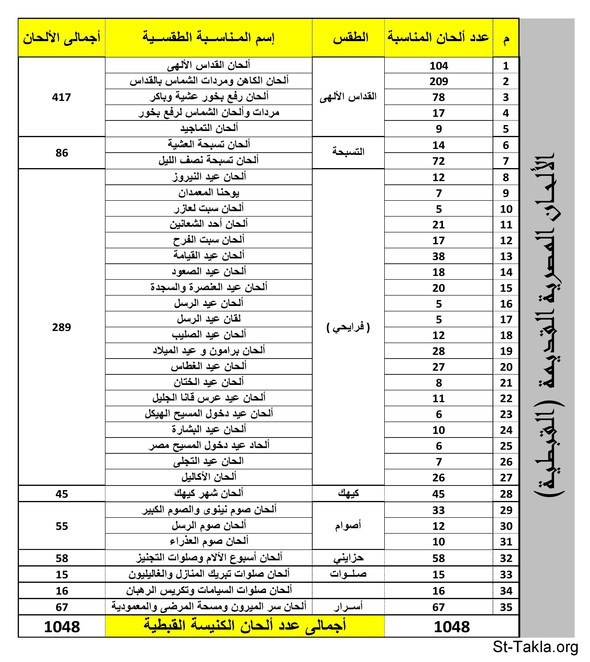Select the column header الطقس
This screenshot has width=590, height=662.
tap(350, 38)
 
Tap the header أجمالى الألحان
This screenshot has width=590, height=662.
tap(61, 38)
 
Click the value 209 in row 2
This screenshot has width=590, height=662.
tap(439, 81)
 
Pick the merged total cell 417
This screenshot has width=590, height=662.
tap(61, 97)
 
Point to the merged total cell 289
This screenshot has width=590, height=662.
tap(61, 327)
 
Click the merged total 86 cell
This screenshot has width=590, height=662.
tap(61, 153)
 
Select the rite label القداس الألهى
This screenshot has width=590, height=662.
tap(348, 97)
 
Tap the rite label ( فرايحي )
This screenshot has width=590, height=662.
tap(348, 327)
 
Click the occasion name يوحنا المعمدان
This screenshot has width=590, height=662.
tap(209, 193)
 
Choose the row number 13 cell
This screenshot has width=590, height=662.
tap(506, 256)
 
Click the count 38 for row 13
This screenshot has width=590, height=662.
tap(439, 256)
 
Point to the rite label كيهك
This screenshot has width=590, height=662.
tap(348, 493)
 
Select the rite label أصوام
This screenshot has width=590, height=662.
tap(348, 525)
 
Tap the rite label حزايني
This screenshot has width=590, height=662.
tap(348, 558)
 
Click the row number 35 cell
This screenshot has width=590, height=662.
tap(506, 607)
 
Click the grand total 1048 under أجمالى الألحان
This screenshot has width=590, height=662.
tap(61, 627)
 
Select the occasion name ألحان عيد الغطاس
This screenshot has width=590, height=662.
tap(209, 366)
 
